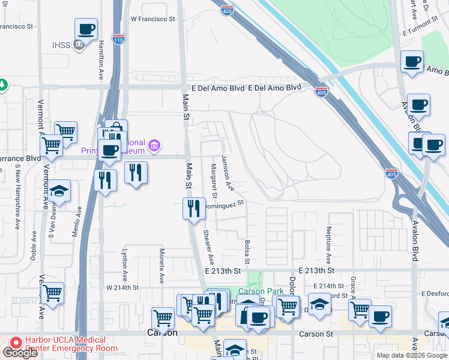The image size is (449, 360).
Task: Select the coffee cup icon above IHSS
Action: pos(86,29)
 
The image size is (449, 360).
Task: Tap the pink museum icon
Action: pos(155,144)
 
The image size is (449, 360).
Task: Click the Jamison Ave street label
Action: pos(228,173)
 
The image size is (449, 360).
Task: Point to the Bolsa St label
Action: pos(247,253)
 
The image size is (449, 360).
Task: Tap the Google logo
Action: pos(20,353)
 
